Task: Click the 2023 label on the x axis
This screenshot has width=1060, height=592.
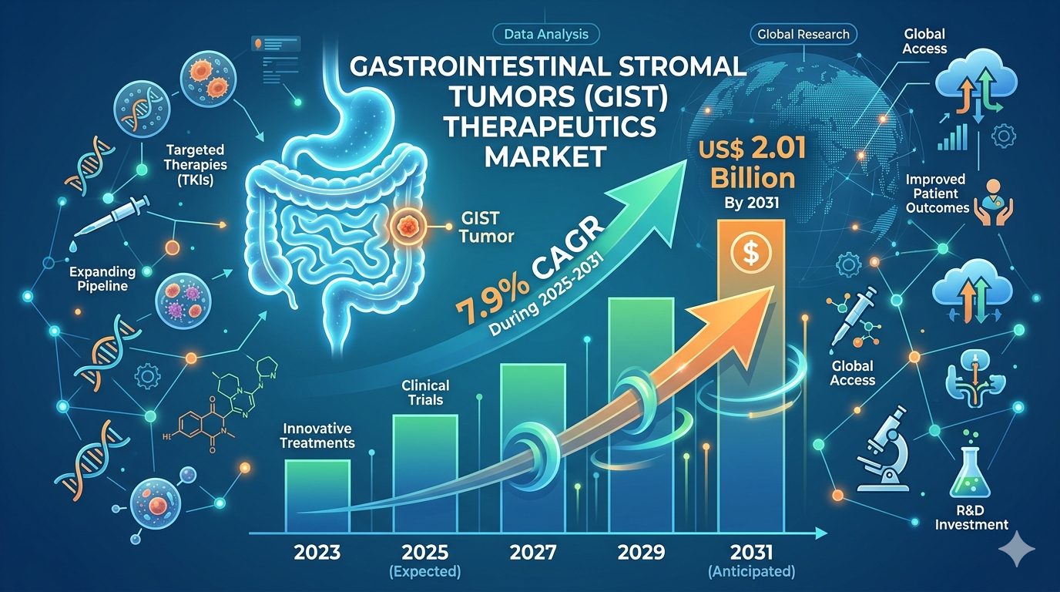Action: pyautogui.click(x=317, y=552)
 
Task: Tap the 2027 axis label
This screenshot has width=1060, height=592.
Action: pyautogui.click(x=533, y=552)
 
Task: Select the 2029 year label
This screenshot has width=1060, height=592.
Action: pyautogui.click(x=641, y=552)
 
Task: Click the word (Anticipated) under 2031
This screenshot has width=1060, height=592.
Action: pyautogui.click(x=751, y=572)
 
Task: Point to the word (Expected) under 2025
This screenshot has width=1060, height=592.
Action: pyautogui.click(x=425, y=572)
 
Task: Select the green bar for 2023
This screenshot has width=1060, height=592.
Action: pyautogui.click(x=317, y=496)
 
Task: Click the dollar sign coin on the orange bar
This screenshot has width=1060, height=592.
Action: pyautogui.click(x=751, y=254)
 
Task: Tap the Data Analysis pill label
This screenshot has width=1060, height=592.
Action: pyautogui.click(x=546, y=35)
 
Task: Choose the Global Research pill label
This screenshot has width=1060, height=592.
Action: pyautogui.click(x=803, y=35)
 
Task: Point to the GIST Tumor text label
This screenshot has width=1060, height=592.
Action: pyautogui.click(x=486, y=227)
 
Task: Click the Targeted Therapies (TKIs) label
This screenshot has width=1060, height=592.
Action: pyautogui.click(x=196, y=165)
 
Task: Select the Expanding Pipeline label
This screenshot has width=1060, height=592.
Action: pyautogui.click(x=102, y=279)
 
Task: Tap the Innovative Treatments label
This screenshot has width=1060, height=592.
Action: pyautogui.click(x=317, y=436)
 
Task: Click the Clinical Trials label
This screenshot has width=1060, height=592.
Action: pyautogui.click(x=425, y=392)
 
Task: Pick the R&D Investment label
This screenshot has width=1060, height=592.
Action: pyautogui.click(x=971, y=517)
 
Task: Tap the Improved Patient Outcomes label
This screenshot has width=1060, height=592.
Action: pyautogui.click(x=937, y=193)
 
